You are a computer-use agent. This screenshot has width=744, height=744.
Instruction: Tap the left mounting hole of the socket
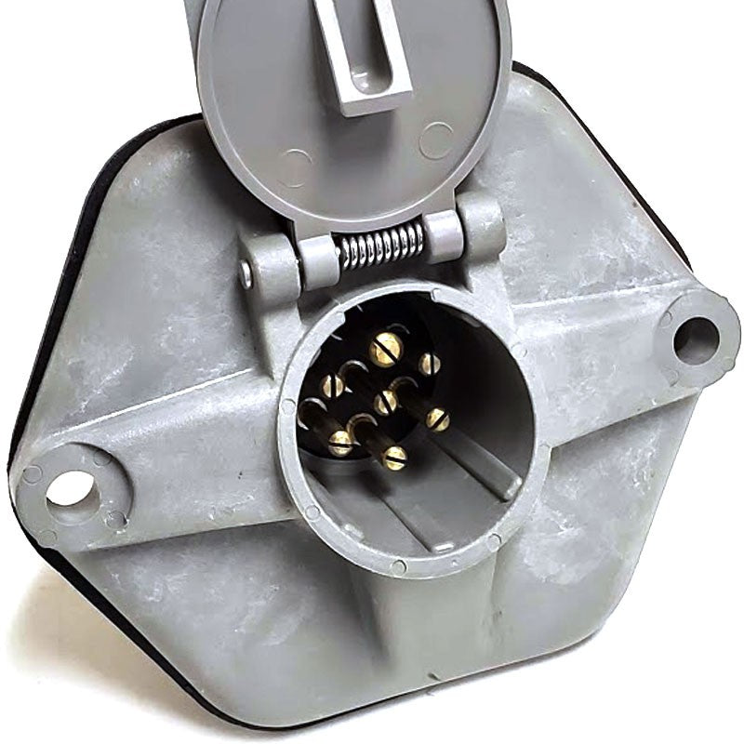click(72, 487)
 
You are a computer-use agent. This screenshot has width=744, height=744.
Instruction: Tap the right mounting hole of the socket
click(695, 338)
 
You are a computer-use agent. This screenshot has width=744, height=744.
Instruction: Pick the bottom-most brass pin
click(395, 458)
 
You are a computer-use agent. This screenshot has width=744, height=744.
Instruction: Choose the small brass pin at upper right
click(428, 364)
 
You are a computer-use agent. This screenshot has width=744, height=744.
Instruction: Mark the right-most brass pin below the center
click(438, 419)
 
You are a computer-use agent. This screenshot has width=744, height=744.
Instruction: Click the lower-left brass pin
click(340, 443)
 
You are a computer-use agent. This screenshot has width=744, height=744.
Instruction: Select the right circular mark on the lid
click(435, 139)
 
